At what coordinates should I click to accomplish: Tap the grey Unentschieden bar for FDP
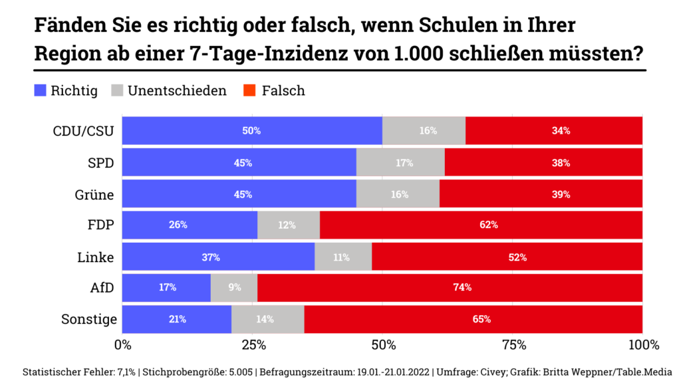[x=288, y=225]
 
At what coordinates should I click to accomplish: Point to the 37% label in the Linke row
[x=211, y=257]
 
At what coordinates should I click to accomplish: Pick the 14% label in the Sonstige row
[x=265, y=319]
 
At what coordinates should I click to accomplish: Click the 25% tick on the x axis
[x=253, y=345]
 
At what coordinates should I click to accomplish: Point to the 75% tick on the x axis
[x=513, y=345]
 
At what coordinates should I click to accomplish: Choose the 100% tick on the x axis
[x=642, y=345]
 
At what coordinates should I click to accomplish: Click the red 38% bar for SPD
[x=543, y=163]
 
